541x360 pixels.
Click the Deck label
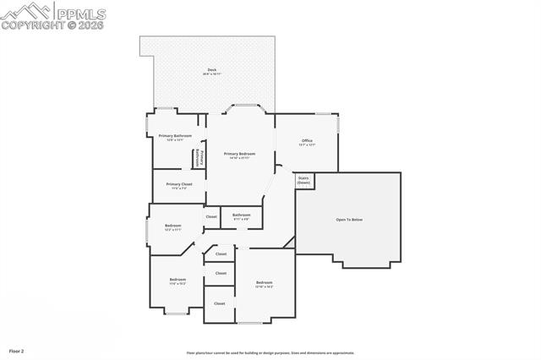point(211,69)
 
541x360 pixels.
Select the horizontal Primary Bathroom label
point(175,135)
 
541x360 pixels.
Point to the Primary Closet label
point(179,183)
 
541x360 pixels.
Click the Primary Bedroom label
point(239,154)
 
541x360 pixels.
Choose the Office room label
point(307,140)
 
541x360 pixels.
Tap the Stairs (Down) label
point(303,181)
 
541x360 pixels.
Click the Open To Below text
point(349,220)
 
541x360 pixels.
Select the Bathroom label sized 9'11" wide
point(242,215)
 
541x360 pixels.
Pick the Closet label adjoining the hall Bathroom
point(211,216)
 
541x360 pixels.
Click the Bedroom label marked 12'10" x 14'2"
point(264,282)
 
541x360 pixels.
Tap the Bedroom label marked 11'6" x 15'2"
point(178,279)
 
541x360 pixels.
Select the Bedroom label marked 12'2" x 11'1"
point(172,225)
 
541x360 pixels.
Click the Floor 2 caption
point(17,350)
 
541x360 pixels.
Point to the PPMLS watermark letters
point(80,13)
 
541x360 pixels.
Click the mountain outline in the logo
point(25,10)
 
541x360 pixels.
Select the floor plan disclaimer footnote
point(270,352)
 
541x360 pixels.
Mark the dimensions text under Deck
point(211,74)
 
